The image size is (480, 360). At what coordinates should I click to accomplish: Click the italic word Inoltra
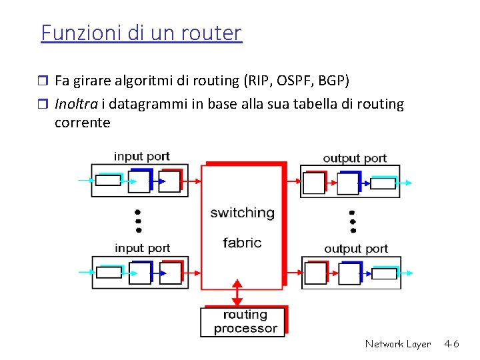[77, 104]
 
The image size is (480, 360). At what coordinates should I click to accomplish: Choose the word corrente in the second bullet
[82, 123]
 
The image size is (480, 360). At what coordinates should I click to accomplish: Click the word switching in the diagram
[242, 213]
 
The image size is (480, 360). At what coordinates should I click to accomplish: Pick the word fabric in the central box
[242, 243]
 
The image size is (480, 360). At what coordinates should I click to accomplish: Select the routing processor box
[245, 321]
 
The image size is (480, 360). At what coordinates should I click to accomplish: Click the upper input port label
[142, 157]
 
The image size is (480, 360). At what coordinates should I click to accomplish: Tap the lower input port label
[142, 248]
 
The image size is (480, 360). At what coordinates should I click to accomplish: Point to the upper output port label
[355, 158]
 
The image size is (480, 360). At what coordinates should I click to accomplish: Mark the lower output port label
[355, 249]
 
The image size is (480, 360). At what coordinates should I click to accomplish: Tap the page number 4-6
[451, 344]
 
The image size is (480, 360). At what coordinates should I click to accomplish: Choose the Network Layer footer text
[398, 344]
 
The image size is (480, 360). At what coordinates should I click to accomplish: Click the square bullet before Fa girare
[44, 81]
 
